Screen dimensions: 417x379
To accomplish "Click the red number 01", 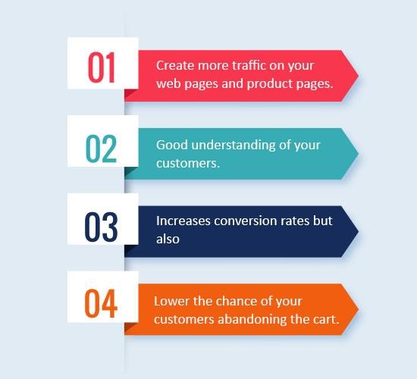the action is click(x=102, y=67).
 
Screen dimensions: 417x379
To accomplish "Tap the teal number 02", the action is click(x=102, y=149).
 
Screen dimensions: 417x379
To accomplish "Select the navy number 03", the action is click(x=101, y=227).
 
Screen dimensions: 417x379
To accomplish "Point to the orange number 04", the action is click(x=101, y=303).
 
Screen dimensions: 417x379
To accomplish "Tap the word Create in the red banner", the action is click(x=175, y=65).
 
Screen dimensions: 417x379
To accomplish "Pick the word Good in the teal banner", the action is click(x=172, y=145).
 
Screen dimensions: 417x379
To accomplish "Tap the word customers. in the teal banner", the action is click(x=188, y=163).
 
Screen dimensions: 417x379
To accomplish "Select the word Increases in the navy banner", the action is click(x=183, y=221).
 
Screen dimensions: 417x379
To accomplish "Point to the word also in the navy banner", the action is click(x=168, y=239).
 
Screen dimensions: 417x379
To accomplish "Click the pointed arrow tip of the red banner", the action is click(x=359, y=76).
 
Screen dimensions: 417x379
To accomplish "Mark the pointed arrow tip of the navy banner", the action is click(x=359, y=231).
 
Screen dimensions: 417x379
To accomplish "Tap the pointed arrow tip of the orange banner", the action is click(x=359, y=309).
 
